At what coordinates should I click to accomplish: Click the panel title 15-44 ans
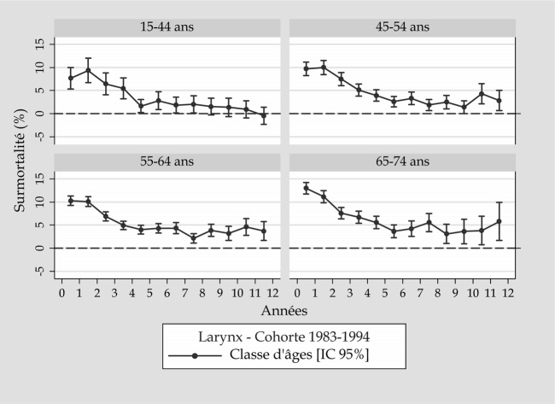point(167,26)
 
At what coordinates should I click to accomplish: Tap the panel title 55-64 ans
point(167,161)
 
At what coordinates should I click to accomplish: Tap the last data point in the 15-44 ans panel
point(263,115)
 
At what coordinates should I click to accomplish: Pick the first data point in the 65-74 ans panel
point(306,188)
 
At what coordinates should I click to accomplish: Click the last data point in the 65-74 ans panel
point(499,221)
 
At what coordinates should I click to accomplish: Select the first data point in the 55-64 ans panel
point(71,200)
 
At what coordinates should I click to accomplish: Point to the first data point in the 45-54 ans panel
point(306,69)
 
